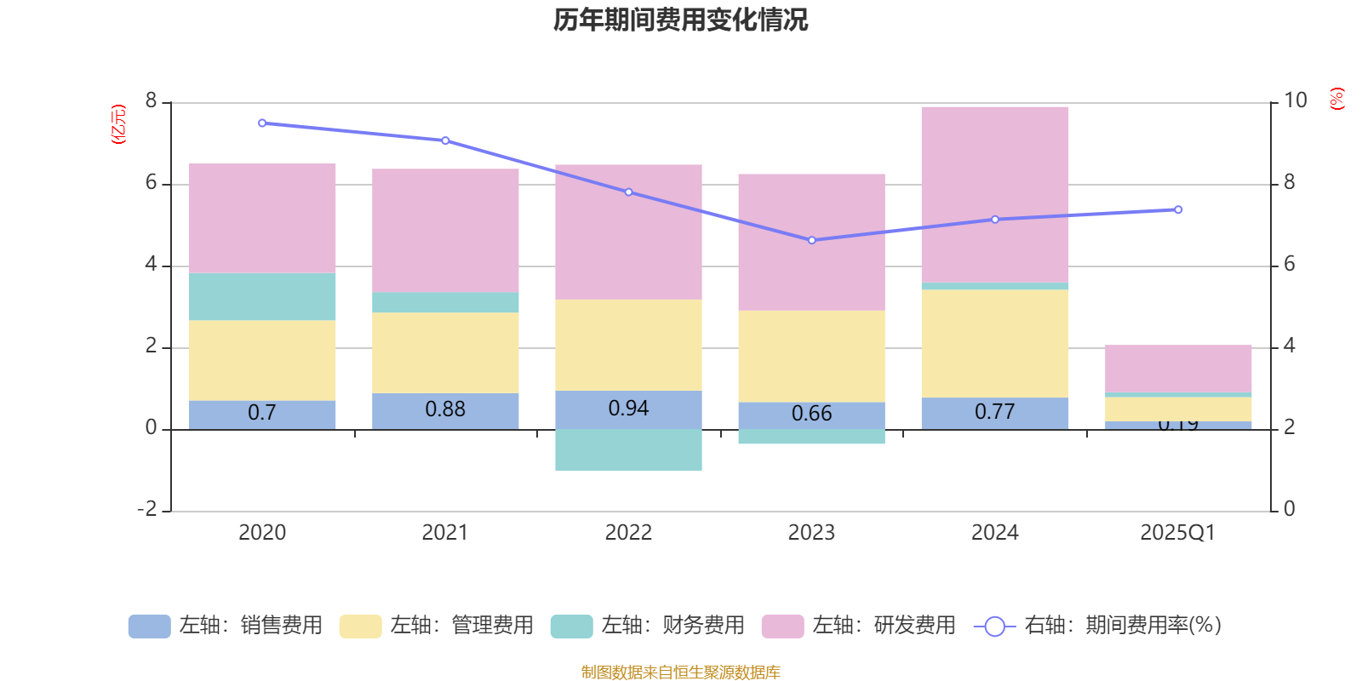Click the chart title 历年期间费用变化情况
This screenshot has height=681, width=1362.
pos(680,20)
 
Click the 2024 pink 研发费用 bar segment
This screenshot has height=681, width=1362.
pos(994,194)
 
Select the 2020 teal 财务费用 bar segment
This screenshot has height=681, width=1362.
pos(261,296)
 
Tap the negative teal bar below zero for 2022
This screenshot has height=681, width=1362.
pos(628,449)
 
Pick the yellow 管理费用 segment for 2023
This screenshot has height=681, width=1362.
pos(811,356)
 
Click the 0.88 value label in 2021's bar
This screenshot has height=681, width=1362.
pos(445,409)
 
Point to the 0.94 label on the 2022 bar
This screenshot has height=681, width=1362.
pos(628,409)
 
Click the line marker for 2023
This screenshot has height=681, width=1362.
pos(811,240)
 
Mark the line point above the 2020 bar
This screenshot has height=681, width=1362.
pos(262,123)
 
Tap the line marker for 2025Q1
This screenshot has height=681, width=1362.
pos(1178,209)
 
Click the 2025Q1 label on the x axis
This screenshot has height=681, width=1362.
pos(1177,533)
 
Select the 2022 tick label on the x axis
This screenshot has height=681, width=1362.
pos(628,533)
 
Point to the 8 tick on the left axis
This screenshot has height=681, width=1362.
pos(152,101)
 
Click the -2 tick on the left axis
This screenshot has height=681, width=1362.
pos(148,509)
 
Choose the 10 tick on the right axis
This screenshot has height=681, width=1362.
pos(1295,100)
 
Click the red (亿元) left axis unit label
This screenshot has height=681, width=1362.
pos(118,124)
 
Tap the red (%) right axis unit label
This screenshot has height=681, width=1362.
pos(1336,99)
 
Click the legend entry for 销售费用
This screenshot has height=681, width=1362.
pos(226,626)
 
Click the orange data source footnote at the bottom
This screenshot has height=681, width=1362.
pos(680,672)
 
